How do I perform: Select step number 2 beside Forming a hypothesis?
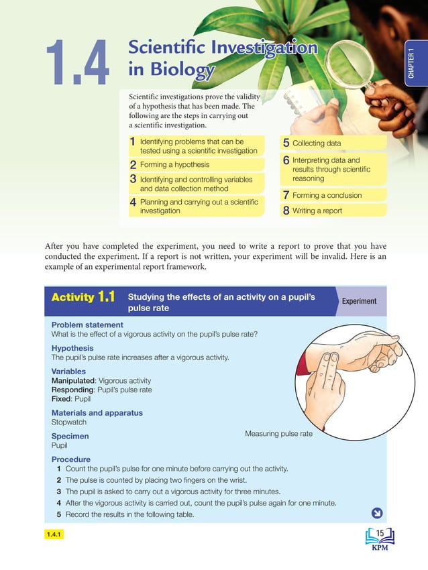pos(133,165)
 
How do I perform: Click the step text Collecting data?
pos(317,144)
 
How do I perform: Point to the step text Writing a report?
pos(317,211)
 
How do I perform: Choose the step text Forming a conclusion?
pos(327,195)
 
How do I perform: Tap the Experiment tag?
pos(359,301)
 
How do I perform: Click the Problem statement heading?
pos(87,325)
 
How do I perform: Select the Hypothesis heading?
pos(72,348)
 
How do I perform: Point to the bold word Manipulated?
pos(73,380)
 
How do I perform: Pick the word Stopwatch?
pos(69,422)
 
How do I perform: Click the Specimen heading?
pos(70,436)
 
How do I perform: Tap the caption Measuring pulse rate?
pos(278,434)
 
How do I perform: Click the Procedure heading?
pos(70,459)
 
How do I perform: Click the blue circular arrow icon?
pos(376,514)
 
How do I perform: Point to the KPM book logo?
pos(379,538)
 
